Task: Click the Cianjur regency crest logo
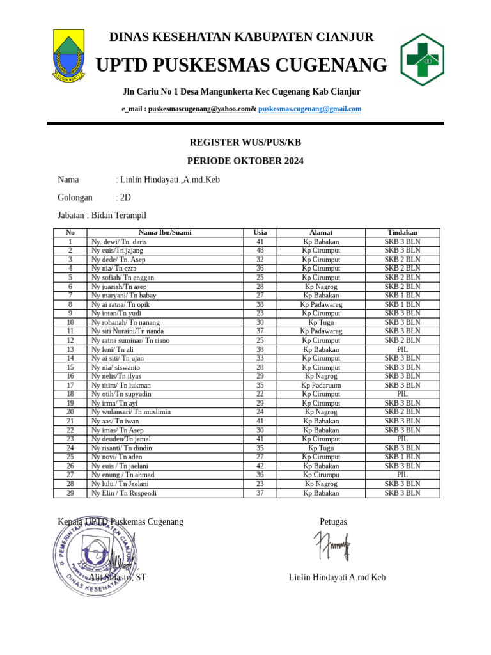click(68, 56)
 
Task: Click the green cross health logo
click(422, 59)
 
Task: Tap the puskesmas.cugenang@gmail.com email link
click(309, 109)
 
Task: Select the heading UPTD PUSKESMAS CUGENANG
click(241, 65)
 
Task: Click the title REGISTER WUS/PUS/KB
click(245, 142)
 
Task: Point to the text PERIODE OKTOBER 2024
click(245, 161)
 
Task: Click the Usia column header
click(260, 233)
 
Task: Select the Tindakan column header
click(402, 233)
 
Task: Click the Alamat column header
click(321, 233)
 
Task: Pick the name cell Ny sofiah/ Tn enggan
click(122, 278)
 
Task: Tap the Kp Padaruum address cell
click(321, 385)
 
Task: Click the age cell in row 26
click(260, 466)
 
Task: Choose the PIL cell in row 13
click(402, 349)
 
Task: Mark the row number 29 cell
click(70, 493)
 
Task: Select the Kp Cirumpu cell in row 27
click(321, 475)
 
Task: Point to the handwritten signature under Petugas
click(332, 546)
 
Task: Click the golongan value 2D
click(125, 198)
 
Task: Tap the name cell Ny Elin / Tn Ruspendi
click(123, 493)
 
